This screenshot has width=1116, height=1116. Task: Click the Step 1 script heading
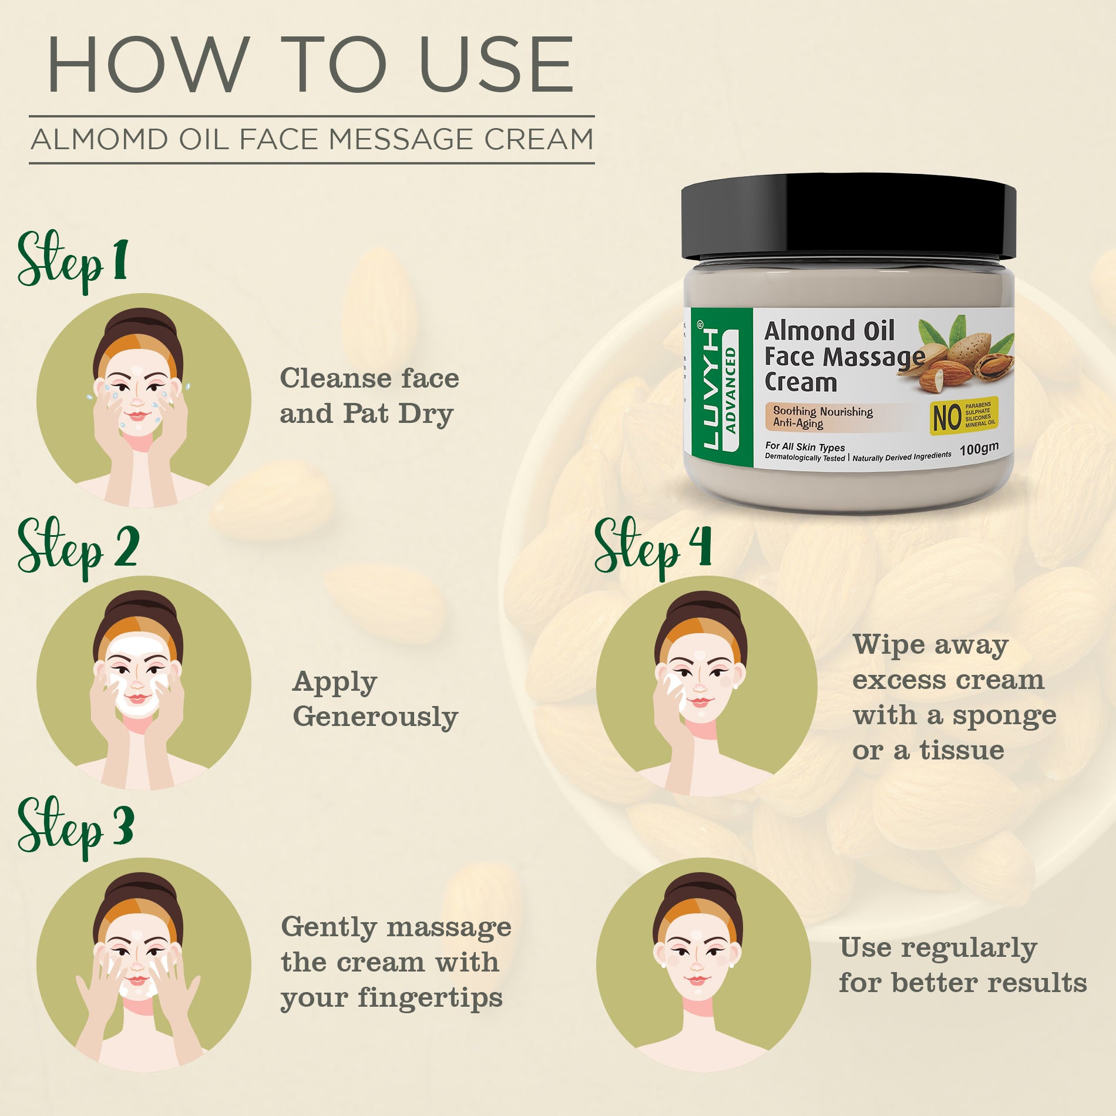tap(72, 262)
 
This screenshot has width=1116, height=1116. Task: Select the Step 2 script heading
tap(78, 547)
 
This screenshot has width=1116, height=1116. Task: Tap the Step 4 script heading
tap(653, 547)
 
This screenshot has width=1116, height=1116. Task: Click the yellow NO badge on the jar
tap(963, 416)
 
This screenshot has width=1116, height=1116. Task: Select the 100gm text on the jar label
tap(979, 449)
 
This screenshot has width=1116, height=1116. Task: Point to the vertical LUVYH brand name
tap(710, 388)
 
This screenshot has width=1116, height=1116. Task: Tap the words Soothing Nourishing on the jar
tap(822, 411)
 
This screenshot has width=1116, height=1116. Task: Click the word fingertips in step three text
tap(430, 997)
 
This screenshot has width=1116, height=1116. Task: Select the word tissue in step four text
tap(962, 751)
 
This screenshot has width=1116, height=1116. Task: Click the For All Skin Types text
tap(805, 446)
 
